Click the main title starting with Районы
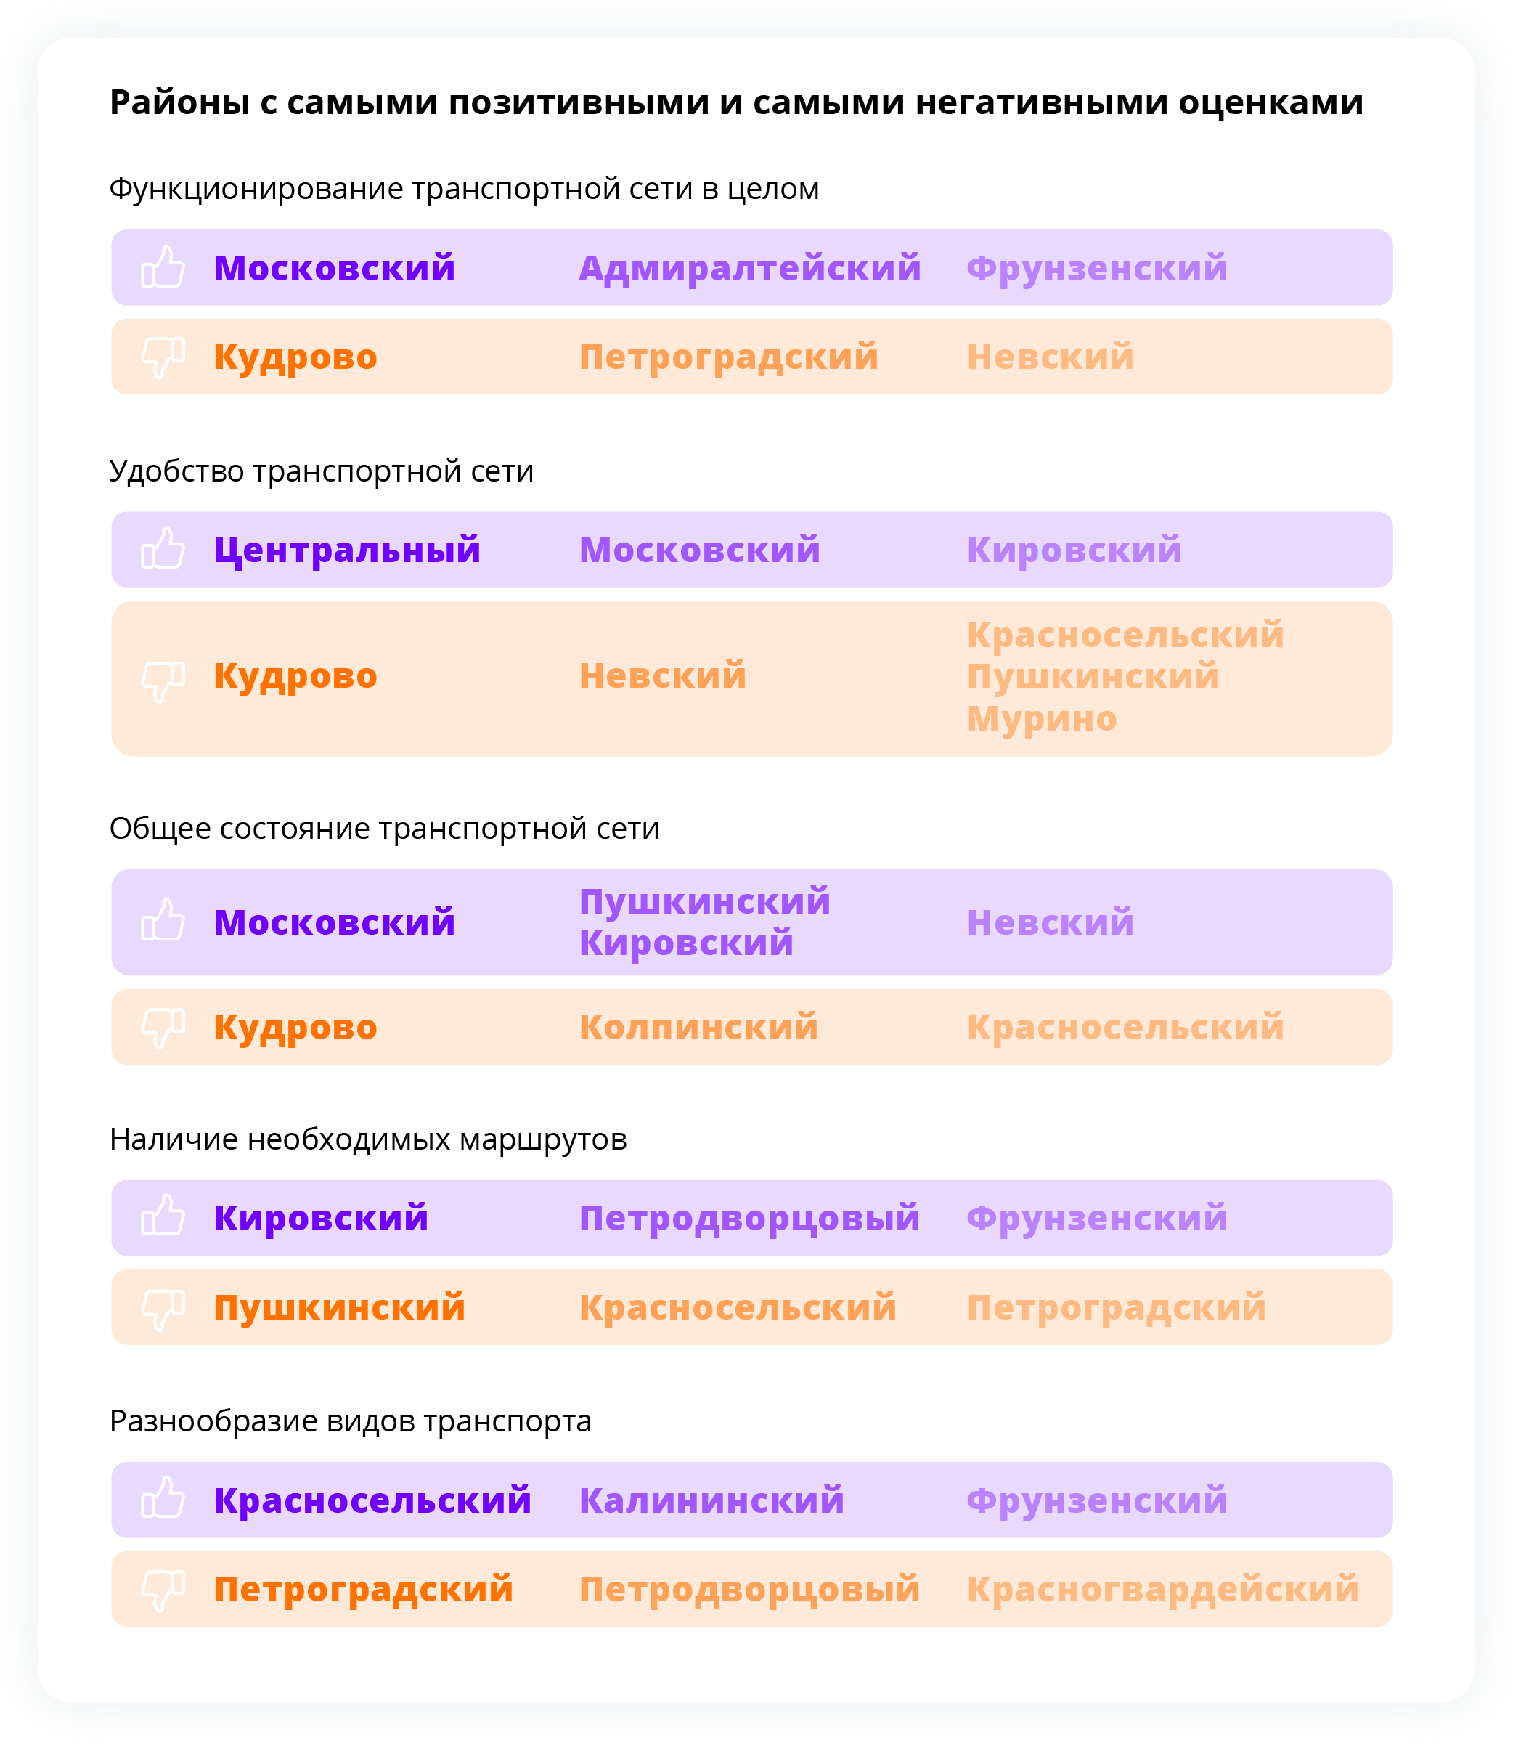coord(736,103)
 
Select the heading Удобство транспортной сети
coord(321,471)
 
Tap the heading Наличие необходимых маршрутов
coord(368,1139)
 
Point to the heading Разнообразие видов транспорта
coord(351,1421)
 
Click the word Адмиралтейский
coord(750,269)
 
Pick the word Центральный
coord(347,550)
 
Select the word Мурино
coord(1042,719)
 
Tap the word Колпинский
coord(698,1027)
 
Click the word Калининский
coord(711,1500)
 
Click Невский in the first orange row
coord(1051,357)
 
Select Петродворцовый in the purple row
coord(750,1219)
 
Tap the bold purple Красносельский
coord(372,1500)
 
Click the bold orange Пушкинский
coord(340,1307)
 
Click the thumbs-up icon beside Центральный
coord(163,549)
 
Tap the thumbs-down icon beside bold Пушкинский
coord(163,1309)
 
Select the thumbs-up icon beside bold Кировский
coord(163,1217)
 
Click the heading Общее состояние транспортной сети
coord(384,829)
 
